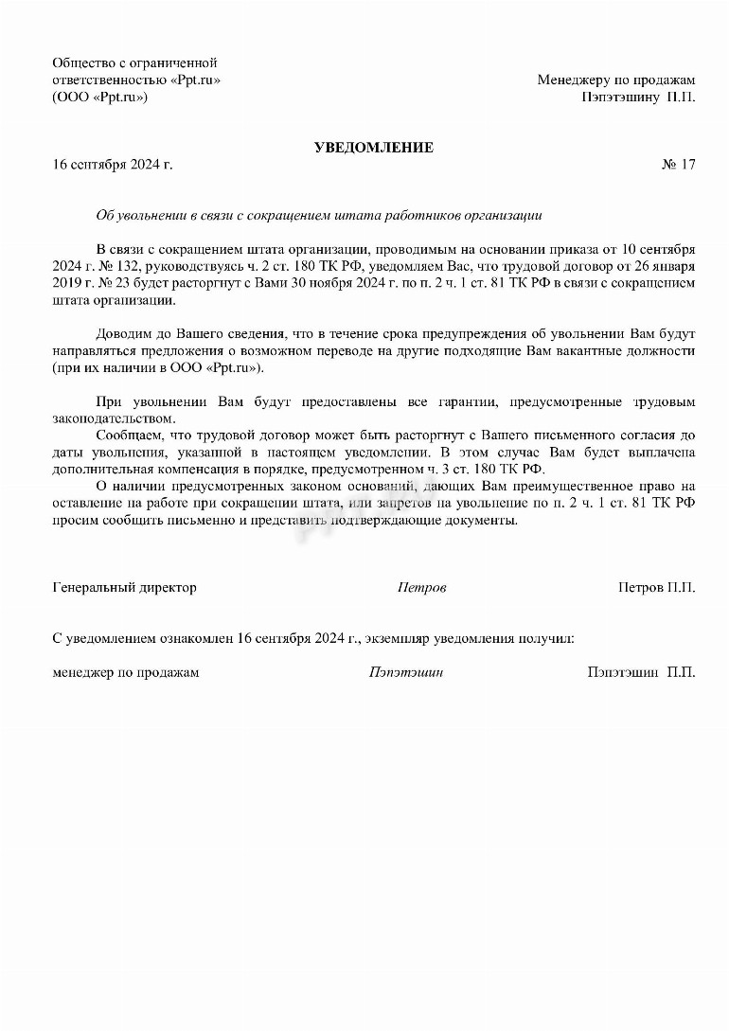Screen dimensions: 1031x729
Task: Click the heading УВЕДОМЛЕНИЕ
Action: (x=374, y=148)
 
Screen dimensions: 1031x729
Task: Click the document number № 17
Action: (x=678, y=165)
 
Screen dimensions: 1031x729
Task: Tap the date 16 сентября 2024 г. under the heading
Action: (x=113, y=165)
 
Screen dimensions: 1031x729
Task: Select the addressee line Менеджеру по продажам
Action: (x=615, y=80)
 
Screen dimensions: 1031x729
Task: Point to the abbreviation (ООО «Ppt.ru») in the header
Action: (x=100, y=97)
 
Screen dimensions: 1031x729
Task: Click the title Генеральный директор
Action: (x=124, y=588)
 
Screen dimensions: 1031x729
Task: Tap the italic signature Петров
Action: (x=421, y=588)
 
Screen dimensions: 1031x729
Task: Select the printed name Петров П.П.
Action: (x=656, y=588)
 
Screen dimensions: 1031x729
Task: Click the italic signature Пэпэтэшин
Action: (x=406, y=673)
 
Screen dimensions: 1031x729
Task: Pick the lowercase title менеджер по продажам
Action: (x=126, y=673)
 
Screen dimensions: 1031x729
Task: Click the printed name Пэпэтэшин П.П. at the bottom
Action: (x=641, y=673)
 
